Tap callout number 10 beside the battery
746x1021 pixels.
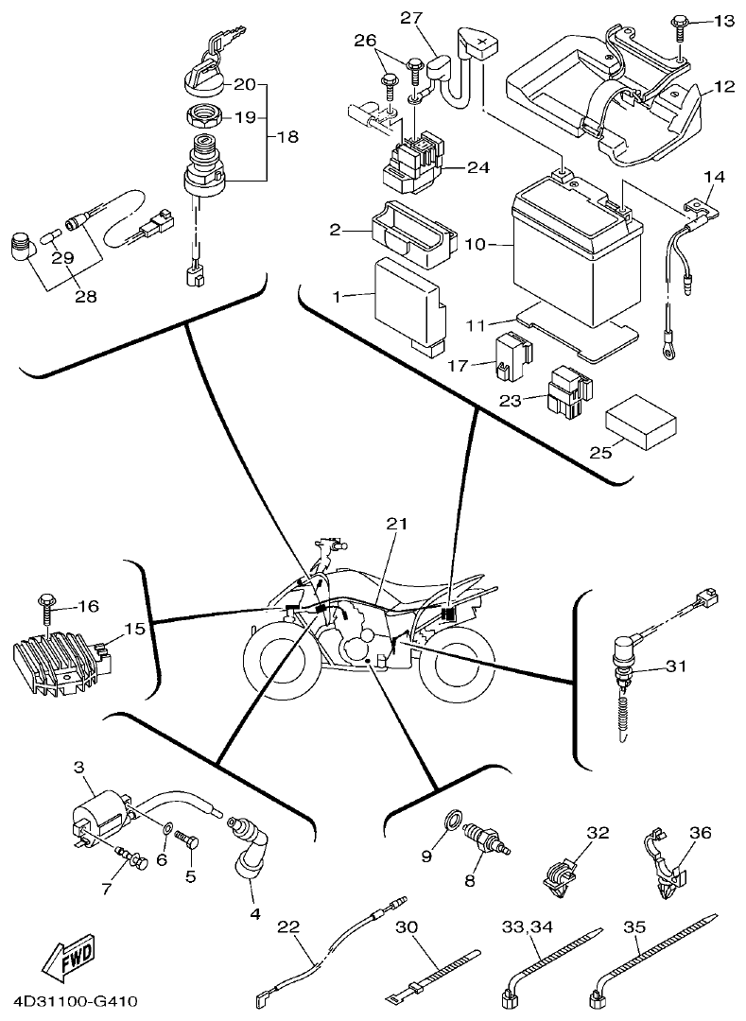(x=476, y=245)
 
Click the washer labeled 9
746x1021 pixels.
(x=453, y=817)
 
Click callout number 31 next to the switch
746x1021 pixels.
(x=674, y=668)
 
